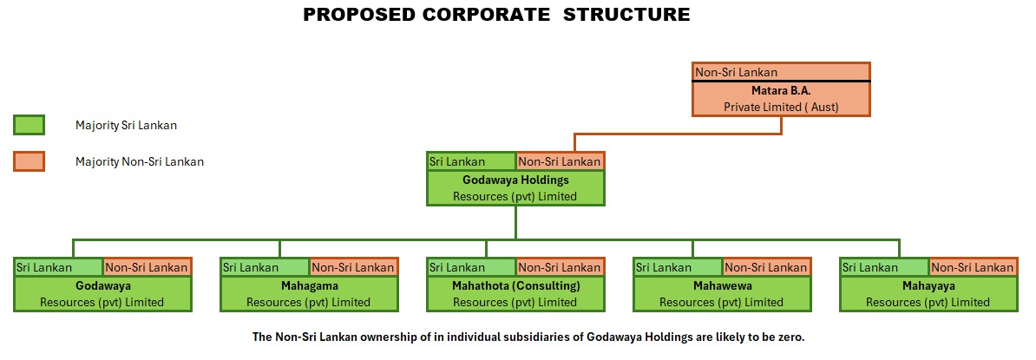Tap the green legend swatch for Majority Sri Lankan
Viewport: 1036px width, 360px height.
(29, 125)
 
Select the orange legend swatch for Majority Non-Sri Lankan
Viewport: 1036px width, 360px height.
(29, 161)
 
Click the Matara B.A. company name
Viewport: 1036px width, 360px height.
(781, 90)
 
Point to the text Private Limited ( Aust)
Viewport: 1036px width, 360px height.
(781, 107)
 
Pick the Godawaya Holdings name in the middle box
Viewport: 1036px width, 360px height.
(515, 180)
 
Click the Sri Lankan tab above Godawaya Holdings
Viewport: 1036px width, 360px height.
(471, 161)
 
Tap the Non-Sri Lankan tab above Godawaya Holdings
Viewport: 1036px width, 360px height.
(560, 161)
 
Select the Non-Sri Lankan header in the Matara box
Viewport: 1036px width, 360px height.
(737, 72)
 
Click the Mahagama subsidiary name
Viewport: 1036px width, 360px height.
(310, 286)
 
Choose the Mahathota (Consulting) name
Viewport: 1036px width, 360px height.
(515, 286)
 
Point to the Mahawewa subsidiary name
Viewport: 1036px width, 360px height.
(722, 286)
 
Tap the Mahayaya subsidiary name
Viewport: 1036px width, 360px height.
(928, 286)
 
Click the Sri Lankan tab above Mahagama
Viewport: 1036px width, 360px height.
(265, 267)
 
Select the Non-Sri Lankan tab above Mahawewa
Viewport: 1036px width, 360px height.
(766, 267)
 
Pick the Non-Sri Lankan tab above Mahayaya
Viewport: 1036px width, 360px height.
(972, 267)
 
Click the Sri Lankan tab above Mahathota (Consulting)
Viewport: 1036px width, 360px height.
(471, 267)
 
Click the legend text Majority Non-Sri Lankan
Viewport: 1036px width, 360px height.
(140, 161)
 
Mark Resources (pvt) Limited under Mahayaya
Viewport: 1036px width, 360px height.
(928, 303)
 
